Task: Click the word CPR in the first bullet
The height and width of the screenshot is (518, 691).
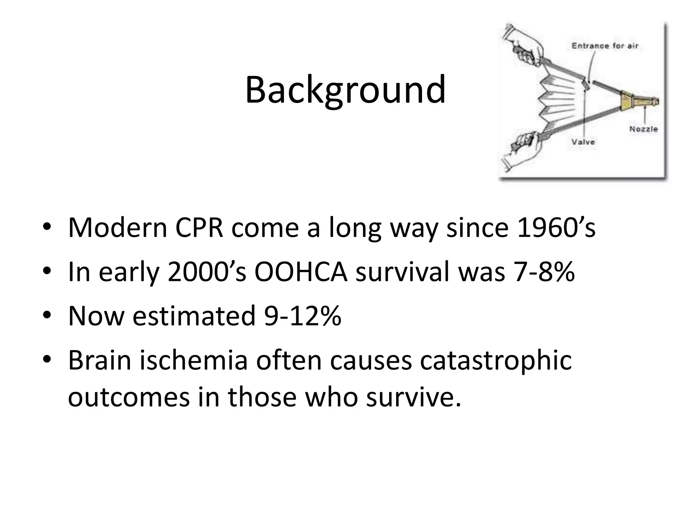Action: click(199, 228)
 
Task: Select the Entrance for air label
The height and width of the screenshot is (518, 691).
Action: click(605, 46)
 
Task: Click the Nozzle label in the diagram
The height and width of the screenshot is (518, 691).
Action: click(643, 129)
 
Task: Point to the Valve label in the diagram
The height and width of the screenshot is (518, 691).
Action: click(583, 142)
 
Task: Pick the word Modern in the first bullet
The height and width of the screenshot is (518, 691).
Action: click(117, 228)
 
